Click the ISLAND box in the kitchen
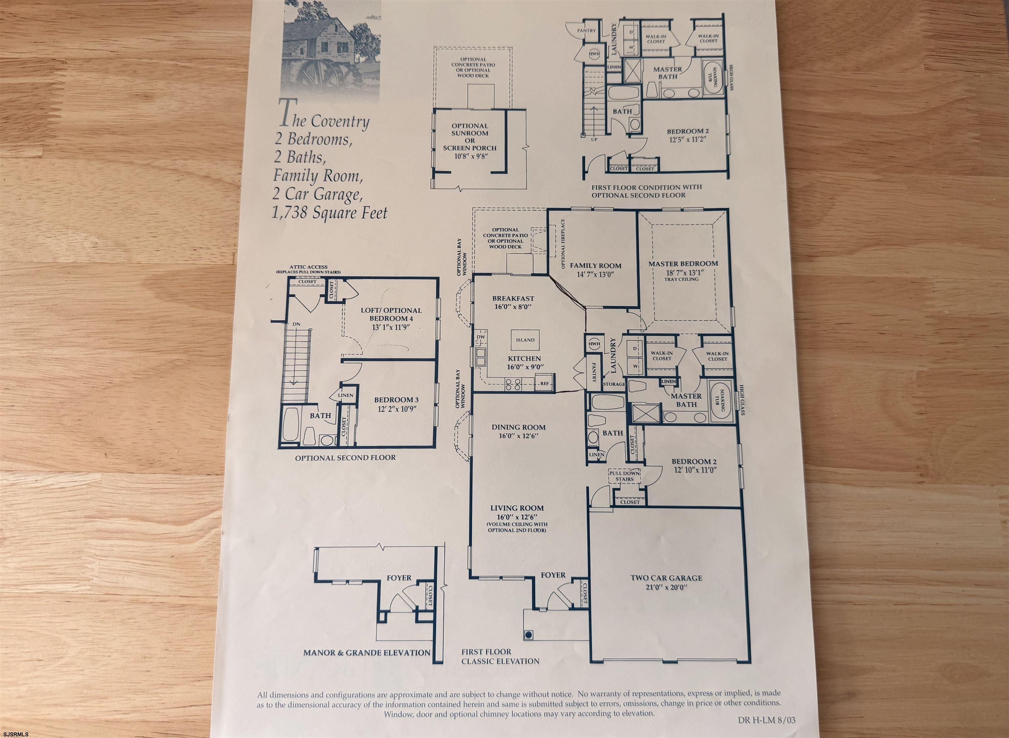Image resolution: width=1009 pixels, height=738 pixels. click(x=525, y=340)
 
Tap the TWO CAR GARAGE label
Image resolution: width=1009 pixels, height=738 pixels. click(x=666, y=578)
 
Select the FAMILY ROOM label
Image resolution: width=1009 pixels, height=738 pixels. click(x=595, y=265)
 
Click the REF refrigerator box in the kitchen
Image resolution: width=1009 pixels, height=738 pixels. click(x=544, y=383)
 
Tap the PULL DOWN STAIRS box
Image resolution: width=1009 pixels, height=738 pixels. click(x=624, y=476)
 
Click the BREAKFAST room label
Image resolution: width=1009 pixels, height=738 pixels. click(x=513, y=299)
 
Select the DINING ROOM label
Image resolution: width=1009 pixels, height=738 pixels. click(x=519, y=427)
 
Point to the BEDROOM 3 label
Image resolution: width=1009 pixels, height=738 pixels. click(x=396, y=400)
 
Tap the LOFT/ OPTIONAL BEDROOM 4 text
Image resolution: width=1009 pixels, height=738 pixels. click(x=391, y=314)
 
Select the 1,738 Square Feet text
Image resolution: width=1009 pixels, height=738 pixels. click(x=330, y=212)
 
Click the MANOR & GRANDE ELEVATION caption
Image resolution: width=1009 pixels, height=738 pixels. click(x=367, y=653)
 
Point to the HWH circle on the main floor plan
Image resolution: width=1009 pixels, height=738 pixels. click(x=594, y=344)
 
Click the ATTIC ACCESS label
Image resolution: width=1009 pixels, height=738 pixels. click(x=308, y=267)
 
